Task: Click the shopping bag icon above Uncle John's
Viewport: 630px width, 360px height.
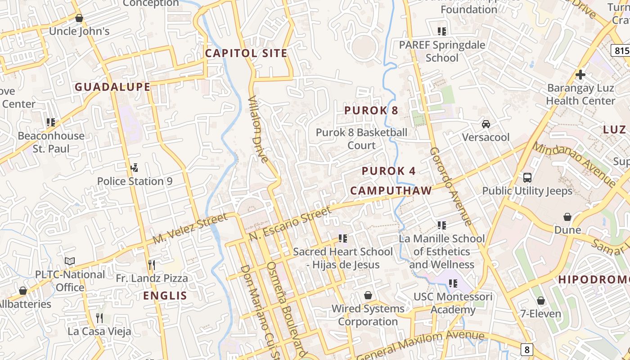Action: [79, 18]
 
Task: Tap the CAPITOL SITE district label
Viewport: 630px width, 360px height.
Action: [246, 53]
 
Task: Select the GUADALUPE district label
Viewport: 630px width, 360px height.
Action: [112, 87]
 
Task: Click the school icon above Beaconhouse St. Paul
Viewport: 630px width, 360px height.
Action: [51, 122]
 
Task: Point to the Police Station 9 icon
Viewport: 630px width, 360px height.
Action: [134, 168]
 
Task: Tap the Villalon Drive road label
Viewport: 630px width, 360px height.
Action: [258, 129]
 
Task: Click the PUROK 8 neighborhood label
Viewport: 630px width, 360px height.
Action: [371, 110]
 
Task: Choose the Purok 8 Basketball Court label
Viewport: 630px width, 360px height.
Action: [361, 139]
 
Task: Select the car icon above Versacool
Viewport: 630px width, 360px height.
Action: [486, 124]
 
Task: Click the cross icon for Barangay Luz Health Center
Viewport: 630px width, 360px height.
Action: [580, 74]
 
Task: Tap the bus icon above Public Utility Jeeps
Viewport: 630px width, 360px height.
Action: [527, 177]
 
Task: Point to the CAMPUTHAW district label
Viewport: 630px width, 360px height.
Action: [391, 190]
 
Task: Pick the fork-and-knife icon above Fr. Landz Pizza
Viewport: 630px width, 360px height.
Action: [152, 265]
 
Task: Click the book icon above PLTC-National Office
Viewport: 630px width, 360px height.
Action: [69, 261]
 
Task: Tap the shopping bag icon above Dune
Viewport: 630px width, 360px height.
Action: [567, 217]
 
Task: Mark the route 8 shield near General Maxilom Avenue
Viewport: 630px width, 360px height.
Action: [527, 349]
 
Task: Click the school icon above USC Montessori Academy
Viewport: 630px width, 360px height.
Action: [453, 283]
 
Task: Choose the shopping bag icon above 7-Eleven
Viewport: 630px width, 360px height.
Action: [541, 300]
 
